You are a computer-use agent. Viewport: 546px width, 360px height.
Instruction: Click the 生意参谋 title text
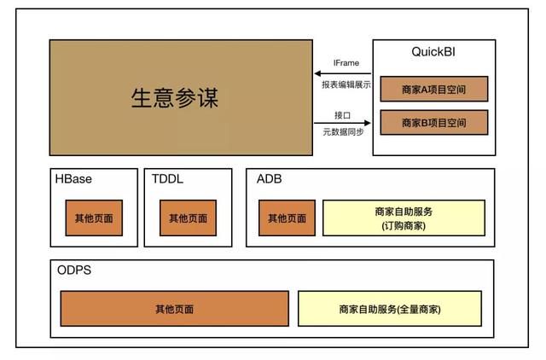click(175, 98)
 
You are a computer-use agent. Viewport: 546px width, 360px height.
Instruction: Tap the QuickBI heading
click(433, 52)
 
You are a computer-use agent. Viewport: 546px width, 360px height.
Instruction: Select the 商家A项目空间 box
click(434, 89)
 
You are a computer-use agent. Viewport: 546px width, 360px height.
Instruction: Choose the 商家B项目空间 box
click(434, 123)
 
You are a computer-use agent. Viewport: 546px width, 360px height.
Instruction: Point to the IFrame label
click(346, 63)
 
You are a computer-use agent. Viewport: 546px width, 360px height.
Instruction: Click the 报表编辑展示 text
click(346, 84)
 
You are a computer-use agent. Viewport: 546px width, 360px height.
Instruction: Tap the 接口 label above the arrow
click(342, 115)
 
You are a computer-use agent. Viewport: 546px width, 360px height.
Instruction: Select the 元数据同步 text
click(343, 132)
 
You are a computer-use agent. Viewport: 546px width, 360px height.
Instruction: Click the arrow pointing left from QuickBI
click(343, 73)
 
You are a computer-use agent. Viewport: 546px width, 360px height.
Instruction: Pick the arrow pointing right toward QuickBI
click(342, 123)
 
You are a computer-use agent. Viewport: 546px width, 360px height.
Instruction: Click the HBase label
click(73, 179)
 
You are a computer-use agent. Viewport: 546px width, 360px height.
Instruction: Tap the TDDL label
click(167, 179)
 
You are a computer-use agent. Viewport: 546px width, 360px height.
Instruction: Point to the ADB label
click(270, 179)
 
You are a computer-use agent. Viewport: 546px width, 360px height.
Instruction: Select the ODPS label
click(74, 270)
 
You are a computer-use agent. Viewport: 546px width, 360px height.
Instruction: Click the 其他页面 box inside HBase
click(94, 218)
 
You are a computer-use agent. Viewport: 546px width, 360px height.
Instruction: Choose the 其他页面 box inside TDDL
click(188, 218)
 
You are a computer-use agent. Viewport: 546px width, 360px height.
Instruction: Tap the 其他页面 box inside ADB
click(287, 218)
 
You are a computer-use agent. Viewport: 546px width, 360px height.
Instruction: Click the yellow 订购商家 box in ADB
click(404, 218)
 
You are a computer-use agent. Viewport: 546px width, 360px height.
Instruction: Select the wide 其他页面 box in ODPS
click(174, 309)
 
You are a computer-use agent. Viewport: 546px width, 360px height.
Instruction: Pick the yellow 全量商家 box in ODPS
click(390, 309)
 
